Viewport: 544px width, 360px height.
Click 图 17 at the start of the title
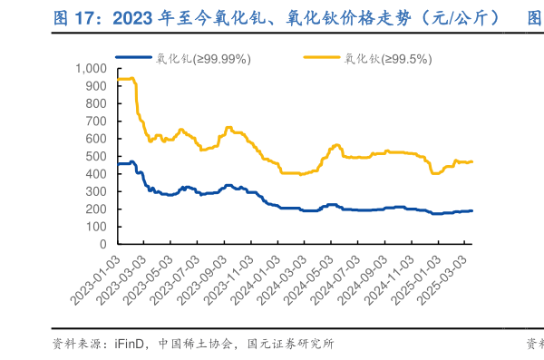76,15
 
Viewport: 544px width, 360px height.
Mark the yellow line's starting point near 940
118,79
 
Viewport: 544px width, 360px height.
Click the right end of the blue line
471,210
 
